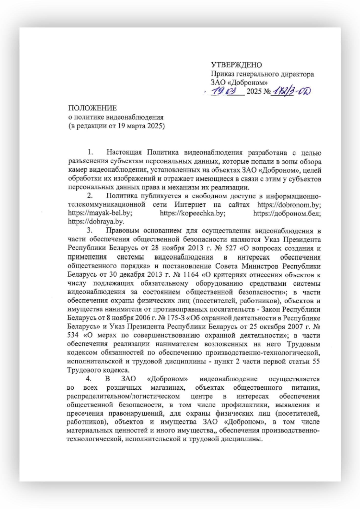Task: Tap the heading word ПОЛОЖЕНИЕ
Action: pyautogui.click(x=92, y=108)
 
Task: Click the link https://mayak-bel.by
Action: pyautogui.click(x=100, y=213)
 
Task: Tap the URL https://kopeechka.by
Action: pyautogui.click(x=192, y=213)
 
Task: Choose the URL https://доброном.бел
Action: pyautogui.click(x=287, y=213)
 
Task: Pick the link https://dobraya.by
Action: pyautogui.click(x=96, y=222)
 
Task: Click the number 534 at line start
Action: pyautogui.click(x=73, y=335)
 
